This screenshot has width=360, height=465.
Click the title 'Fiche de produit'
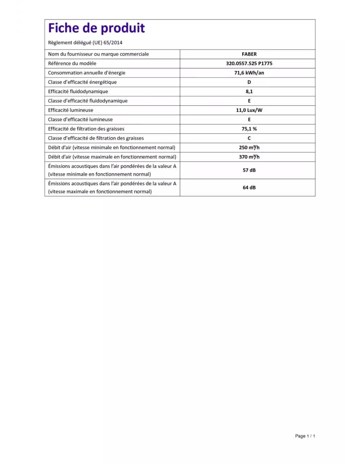click(96, 28)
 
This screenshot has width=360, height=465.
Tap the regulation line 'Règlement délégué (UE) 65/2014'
click(85, 43)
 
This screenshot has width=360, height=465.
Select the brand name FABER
click(249, 54)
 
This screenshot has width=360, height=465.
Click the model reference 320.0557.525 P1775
click(249, 63)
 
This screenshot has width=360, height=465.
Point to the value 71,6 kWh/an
click(249, 73)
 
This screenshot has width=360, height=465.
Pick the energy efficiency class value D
click(249, 82)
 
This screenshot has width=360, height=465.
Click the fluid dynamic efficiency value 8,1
click(249, 92)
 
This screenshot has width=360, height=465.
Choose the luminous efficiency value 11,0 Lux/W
click(249, 110)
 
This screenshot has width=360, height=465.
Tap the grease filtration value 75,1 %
click(249, 129)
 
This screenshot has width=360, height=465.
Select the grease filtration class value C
click(249, 138)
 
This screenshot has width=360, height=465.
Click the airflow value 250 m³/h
click(249, 147)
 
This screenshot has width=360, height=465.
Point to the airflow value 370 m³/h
click(249, 157)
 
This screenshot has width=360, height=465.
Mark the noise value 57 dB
click(249, 170)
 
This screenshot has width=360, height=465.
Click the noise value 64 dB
click(249, 187)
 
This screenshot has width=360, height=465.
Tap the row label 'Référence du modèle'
click(72, 63)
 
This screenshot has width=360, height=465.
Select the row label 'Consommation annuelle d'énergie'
click(86, 73)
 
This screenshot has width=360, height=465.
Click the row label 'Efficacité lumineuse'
click(70, 110)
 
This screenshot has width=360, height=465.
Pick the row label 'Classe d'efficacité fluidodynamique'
click(88, 101)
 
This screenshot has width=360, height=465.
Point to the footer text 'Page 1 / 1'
click(305, 436)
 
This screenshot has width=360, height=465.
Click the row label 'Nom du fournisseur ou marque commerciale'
click(98, 54)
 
